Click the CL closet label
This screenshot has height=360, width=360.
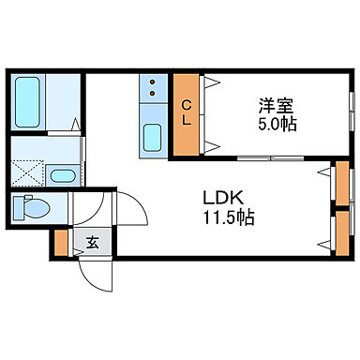(187, 112)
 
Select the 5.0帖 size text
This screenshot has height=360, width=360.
(277, 123)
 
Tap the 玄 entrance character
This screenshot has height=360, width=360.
(92, 243)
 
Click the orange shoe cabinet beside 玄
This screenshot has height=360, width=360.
(61, 242)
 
